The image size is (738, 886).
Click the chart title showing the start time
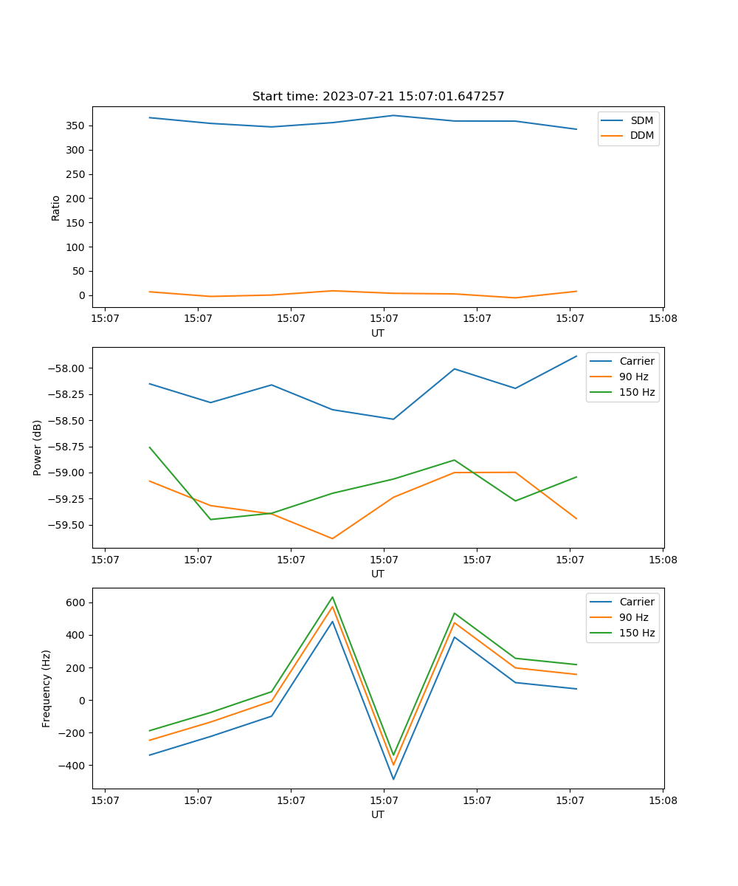pos(378,97)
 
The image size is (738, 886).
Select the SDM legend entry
pos(641,120)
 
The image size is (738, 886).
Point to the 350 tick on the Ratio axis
pos(77,126)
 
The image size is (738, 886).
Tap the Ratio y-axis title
pos(56,207)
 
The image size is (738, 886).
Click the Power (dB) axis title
pos(38,447)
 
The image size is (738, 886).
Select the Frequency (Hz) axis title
pos(46,688)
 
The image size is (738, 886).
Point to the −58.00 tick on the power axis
pos(68,368)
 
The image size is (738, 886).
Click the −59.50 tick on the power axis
pos(68,525)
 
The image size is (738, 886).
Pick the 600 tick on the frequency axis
pos(75,602)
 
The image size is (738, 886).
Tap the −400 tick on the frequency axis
pos(71,766)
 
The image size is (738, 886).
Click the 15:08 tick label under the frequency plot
pos(663,800)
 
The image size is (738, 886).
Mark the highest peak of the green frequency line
pos(333,597)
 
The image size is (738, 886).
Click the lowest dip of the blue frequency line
pos(393,779)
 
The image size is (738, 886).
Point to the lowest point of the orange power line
pos(333,538)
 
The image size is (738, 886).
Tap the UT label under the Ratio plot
pos(378,333)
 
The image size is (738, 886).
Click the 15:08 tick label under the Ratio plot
pos(663,318)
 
